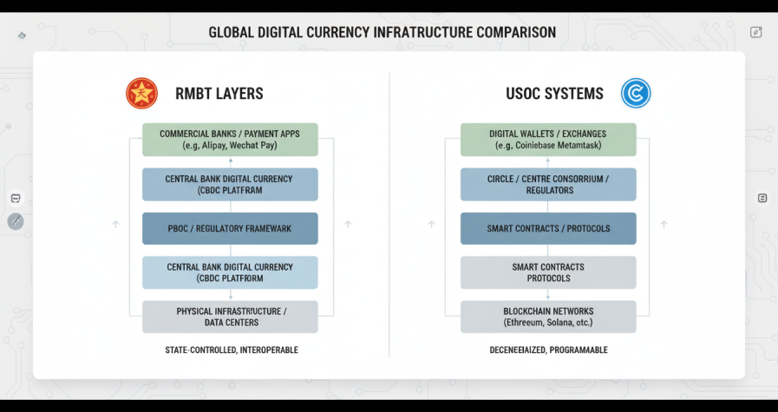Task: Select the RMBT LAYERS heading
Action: tap(219, 94)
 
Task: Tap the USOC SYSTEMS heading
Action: tap(555, 94)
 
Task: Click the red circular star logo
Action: tap(141, 93)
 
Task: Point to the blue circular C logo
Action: tap(635, 93)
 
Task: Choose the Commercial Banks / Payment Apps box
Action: tap(230, 140)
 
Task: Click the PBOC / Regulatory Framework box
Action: tap(230, 228)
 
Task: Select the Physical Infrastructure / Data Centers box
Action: tap(230, 317)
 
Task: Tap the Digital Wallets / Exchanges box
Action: tap(548, 140)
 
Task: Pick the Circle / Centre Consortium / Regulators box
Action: tap(548, 184)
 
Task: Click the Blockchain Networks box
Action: tap(548, 317)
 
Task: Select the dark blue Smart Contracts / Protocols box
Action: tap(548, 228)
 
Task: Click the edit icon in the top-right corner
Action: tap(755, 32)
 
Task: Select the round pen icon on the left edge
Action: tap(16, 221)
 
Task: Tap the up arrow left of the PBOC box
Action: tap(115, 225)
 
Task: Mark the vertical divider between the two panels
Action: tap(389, 217)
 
